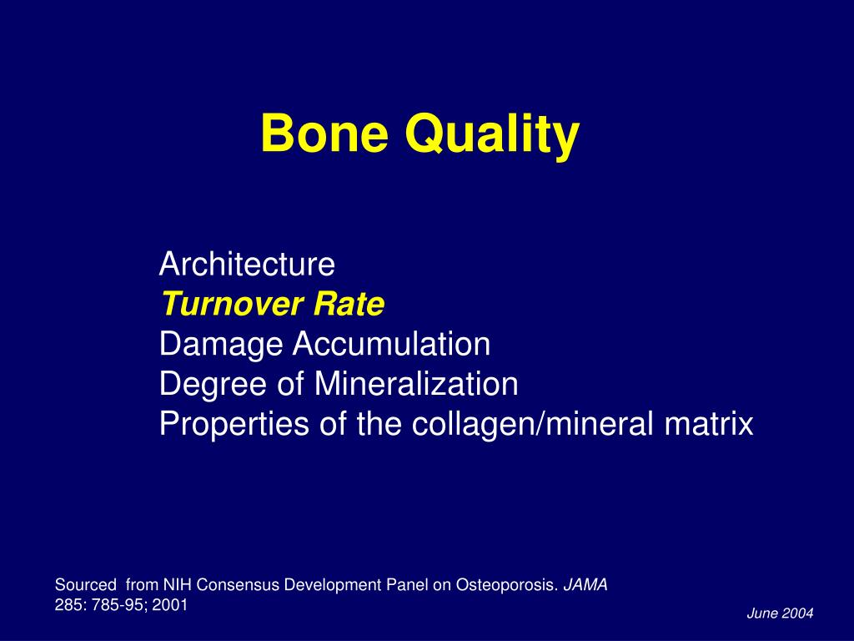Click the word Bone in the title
click(x=324, y=133)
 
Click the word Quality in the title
click(x=492, y=136)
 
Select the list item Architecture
click(x=247, y=264)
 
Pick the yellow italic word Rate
click(x=349, y=304)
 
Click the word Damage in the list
click(x=220, y=346)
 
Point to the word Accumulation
click(x=391, y=344)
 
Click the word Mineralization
click(x=416, y=383)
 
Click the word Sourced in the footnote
click(x=86, y=585)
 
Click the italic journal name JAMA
click(x=585, y=585)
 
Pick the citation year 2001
click(x=170, y=605)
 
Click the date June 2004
click(x=780, y=613)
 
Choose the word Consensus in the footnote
click(x=238, y=585)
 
